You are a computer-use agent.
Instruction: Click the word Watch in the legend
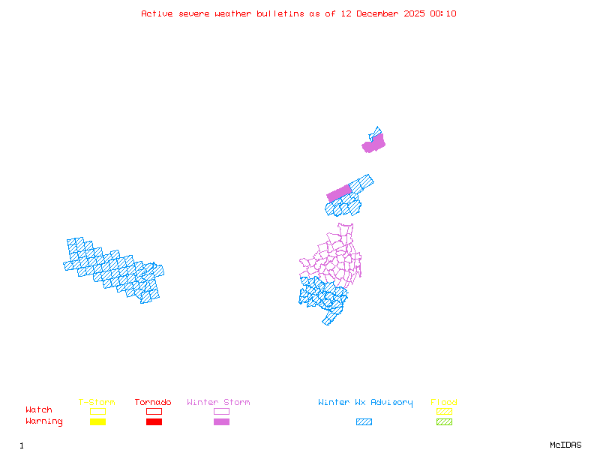pos(39,410)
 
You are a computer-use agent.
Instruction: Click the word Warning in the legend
pos(44,421)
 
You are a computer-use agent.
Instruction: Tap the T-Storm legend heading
pos(97,403)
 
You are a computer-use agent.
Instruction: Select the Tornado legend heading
pos(153,403)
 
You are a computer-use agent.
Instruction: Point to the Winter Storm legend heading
pos(218,403)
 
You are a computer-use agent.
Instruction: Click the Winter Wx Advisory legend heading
pos(365,403)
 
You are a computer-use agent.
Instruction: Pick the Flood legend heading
pos(444,403)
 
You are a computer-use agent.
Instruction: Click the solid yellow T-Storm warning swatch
pos(97,422)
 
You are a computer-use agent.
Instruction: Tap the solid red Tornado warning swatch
pos(154,422)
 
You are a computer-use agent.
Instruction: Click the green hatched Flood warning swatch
pos(444,422)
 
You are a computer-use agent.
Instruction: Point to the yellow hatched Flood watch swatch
pos(444,411)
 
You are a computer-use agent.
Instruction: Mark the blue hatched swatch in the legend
pos(364,422)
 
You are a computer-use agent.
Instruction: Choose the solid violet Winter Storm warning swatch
pos(221,422)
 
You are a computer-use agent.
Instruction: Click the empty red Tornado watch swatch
pos(154,411)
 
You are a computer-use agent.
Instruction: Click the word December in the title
pos(381,13)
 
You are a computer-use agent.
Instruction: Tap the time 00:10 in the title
pos(442,13)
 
